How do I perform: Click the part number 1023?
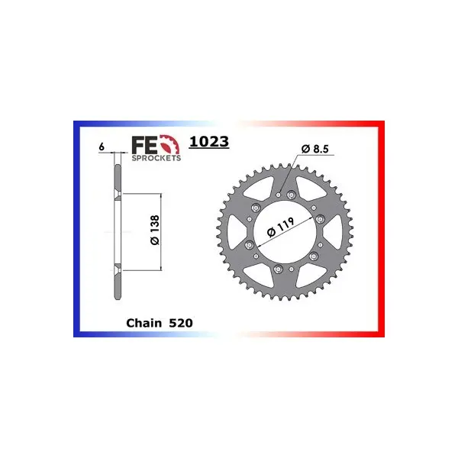(x=209, y=142)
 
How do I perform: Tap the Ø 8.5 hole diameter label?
(x=314, y=149)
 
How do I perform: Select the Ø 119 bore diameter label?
(x=280, y=227)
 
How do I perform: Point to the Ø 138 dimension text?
(x=155, y=230)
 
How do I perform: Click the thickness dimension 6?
(x=102, y=147)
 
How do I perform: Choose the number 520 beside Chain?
(x=181, y=323)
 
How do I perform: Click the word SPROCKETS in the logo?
(x=156, y=158)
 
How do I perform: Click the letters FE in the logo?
(x=144, y=145)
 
